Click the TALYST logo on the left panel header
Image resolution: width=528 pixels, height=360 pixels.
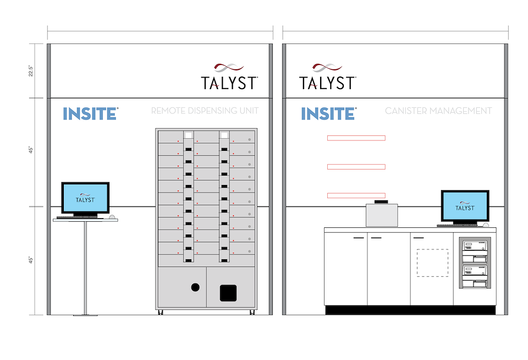229,77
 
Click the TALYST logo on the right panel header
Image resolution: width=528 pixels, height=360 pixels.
328,77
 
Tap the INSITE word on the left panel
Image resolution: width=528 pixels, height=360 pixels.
90,114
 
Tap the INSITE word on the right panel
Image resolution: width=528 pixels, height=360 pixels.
328,114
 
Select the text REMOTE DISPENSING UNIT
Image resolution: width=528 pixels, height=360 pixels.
205,111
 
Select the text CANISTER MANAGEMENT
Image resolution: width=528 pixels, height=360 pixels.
438,111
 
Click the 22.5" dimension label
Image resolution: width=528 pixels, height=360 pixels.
31,71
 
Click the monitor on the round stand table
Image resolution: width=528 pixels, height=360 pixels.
85,198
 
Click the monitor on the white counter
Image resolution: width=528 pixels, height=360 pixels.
465,206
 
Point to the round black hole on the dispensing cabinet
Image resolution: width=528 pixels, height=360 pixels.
195,287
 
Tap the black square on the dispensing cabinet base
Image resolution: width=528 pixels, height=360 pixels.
228,293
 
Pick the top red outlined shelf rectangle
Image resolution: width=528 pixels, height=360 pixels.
356,138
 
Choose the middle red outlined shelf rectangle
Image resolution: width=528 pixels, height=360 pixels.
356,167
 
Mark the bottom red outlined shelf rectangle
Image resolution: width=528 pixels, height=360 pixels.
356,195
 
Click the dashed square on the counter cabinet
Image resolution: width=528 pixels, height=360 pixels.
432,263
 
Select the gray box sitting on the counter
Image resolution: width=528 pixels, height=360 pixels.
382,215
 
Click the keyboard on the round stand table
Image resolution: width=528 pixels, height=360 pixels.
77,217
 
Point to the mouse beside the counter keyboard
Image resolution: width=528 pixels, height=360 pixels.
486,225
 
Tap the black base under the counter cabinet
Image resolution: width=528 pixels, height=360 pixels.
410,310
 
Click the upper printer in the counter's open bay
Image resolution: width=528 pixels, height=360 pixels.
474,251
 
